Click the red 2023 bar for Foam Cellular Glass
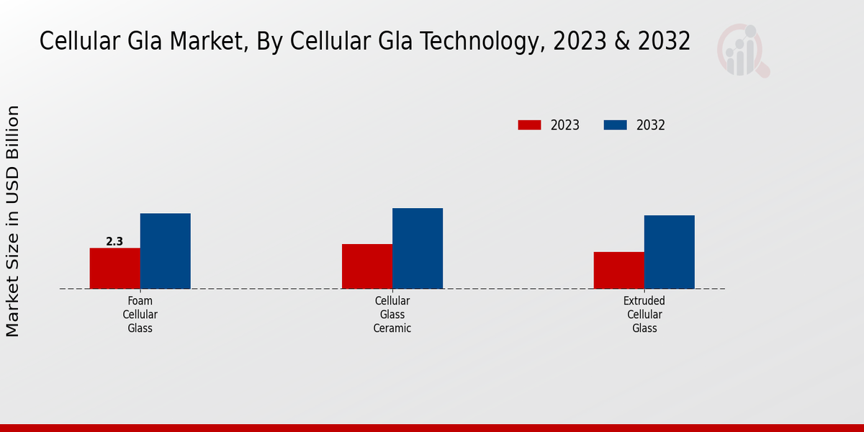(114, 269)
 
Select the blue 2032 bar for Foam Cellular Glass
(165, 251)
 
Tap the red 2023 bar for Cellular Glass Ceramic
(367, 266)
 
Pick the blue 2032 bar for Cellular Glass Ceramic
(418, 248)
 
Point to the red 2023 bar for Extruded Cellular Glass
(619, 270)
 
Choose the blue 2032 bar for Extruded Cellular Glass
(670, 252)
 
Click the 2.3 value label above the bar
(114, 242)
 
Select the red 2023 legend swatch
(529, 125)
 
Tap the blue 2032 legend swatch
(615, 125)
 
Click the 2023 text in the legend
(565, 125)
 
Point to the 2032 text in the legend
(651, 125)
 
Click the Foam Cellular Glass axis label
(140, 315)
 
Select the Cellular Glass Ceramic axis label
(392, 315)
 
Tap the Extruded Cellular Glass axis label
(644, 315)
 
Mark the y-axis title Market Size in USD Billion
(13, 221)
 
